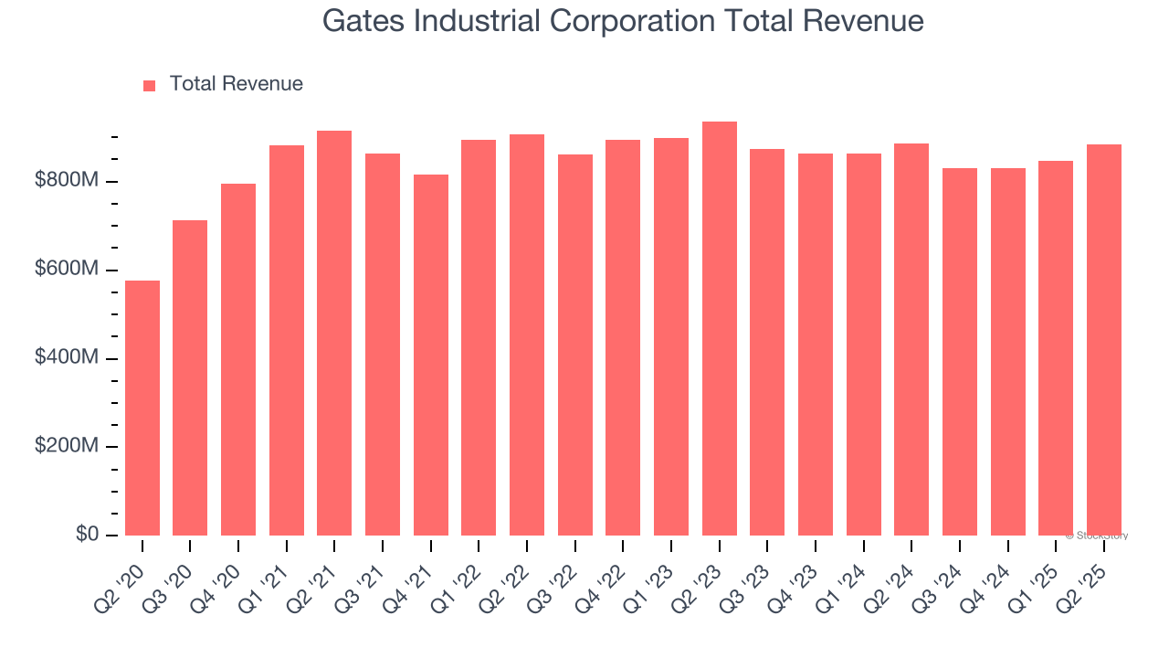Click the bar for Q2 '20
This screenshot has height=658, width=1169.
(x=142, y=408)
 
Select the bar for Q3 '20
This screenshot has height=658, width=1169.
(x=190, y=377)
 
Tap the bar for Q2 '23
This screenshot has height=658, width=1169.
(x=720, y=328)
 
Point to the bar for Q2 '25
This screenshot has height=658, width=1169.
(x=1104, y=340)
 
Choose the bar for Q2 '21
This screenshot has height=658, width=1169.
(x=334, y=333)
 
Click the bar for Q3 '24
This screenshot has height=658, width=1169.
(x=960, y=352)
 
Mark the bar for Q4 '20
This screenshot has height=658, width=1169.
(x=238, y=359)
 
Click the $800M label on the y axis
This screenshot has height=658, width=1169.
(x=66, y=181)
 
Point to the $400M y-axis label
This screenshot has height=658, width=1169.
(x=66, y=357)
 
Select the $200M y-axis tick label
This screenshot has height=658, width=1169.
(x=66, y=446)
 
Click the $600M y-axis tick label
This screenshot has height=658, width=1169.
(x=66, y=270)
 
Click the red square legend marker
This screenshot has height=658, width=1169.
(x=150, y=86)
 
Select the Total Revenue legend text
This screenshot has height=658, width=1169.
(x=236, y=84)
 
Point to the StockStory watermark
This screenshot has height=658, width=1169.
(x=1097, y=536)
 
